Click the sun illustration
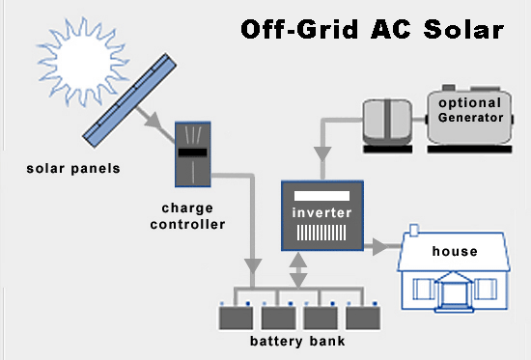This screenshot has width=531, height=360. click(83, 62)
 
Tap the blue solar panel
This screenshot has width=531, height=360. click(129, 100)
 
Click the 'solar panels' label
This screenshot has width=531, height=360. click(73, 169)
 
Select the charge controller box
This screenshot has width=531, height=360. click(193, 154)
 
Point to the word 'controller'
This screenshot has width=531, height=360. click(187, 224)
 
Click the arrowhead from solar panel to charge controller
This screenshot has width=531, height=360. click(154, 121)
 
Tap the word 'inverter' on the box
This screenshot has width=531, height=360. click(322, 212)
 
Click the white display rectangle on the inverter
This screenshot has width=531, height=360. click(321, 196)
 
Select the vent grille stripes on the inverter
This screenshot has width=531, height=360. click(321, 233)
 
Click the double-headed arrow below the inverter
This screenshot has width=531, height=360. click(298, 270)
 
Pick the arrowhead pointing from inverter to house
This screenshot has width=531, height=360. click(380, 246)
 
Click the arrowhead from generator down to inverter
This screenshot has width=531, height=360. click(322, 154)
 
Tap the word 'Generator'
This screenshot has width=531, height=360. click(471, 118)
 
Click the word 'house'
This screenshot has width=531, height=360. click(455, 251)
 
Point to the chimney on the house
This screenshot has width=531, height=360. click(414, 231)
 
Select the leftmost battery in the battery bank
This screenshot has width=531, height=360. click(236, 318)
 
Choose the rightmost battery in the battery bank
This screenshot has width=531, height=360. click(363, 318)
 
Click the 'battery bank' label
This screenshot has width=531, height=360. click(297, 341)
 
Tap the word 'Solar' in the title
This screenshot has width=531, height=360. click(463, 29)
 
